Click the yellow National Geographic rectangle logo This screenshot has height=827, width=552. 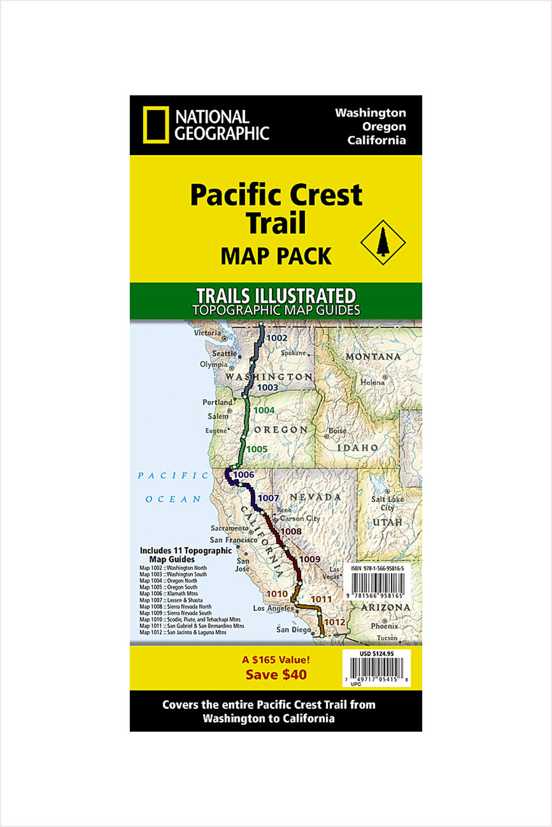(x=156, y=125)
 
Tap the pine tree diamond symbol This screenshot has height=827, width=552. (x=383, y=242)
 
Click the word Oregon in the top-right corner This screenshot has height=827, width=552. (x=384, y=126)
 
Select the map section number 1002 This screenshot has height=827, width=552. (x=277, y=338)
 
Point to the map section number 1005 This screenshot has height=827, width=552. (x=257, y=449)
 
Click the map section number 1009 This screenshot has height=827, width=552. (x=310, y=559)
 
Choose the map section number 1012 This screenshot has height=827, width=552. (x=334, y=622)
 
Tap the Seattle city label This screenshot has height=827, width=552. (x=224, y=354)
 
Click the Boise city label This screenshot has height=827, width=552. (x=338, y=431)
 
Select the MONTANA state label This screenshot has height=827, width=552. (x=373, y=357)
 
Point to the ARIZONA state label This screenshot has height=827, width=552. (x=385, y=608)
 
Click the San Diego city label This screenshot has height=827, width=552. (x=293, y=630)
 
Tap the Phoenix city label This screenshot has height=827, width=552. (x=384, y=626)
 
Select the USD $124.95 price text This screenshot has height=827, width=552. (x=377, y=654)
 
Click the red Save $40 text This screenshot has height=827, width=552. (x=276, y=675)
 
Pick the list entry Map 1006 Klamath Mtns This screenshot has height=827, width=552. (x=168, y=594)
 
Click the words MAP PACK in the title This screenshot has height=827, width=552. (x=276, y=256)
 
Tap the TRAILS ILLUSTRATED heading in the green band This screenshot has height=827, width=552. (x=276, y=296)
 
